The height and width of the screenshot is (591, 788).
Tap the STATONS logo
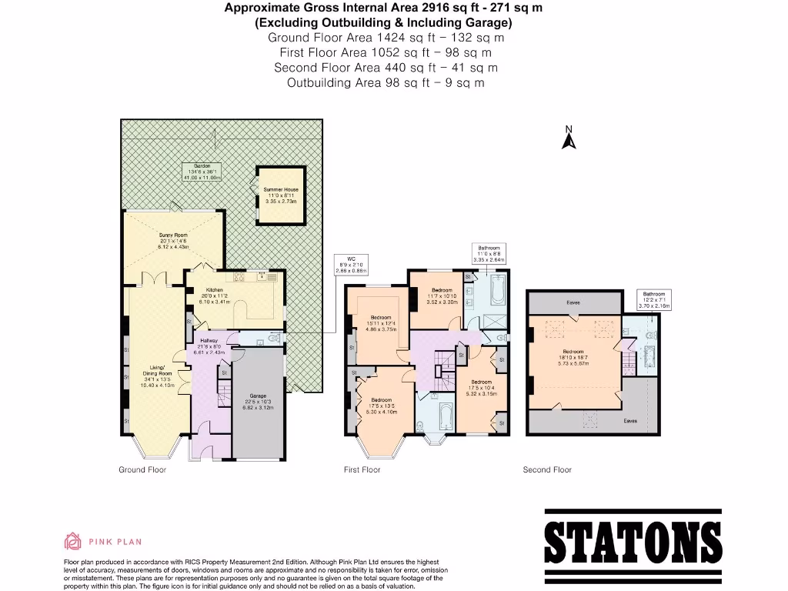click(x=633, y=543)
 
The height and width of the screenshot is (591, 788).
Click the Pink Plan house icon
click(x=72, y=541)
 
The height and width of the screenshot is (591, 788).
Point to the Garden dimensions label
click(x=202, y=172)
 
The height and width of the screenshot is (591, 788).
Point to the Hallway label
click(x=209, y=346)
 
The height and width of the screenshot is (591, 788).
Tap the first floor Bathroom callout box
click(x=492, y=254)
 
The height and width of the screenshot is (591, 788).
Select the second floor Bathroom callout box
click(x=654, y=299)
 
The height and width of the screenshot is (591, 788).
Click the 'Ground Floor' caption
click(x=142, y=469)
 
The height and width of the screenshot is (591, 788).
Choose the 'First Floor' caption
click(x=362, y=469)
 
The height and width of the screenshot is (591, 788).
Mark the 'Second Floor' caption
click(x=547, y=469)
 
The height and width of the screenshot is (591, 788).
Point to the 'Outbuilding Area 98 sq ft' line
click(x=386, y=82)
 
